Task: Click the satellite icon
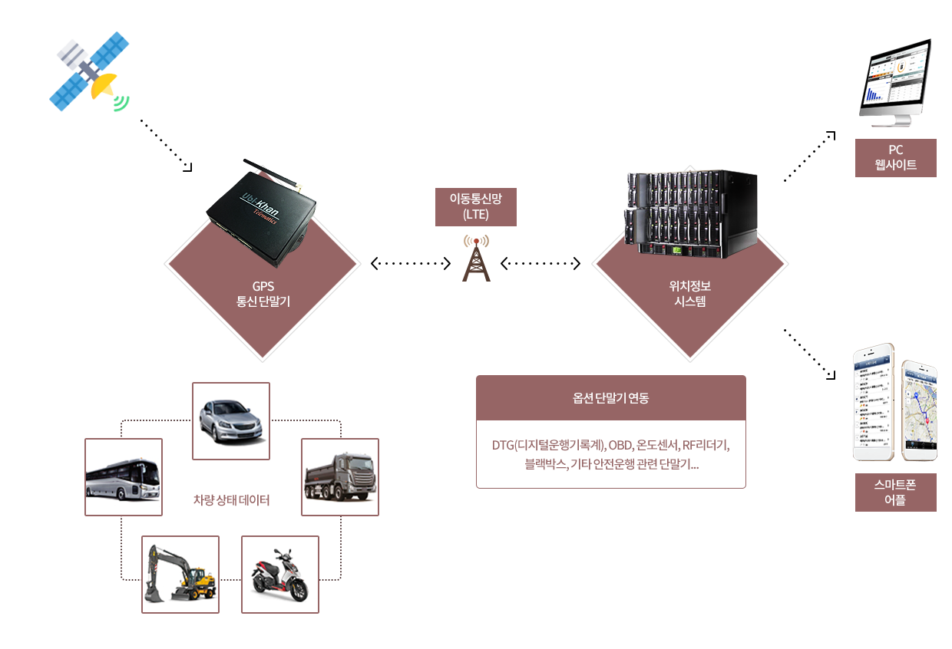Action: click(x=88, y=71)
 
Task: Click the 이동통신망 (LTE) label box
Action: click(x=475, y=206)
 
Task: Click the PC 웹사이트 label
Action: click(x=895, y=157)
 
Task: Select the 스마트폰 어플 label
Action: click(x=895, y=492)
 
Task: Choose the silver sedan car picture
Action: click(x=230, y=420)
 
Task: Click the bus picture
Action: click(x=123, y=476)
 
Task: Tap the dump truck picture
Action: click(x=340, y=476)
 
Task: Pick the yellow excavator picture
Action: click(x=180, y=574)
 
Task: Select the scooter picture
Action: click(x=279, y=574)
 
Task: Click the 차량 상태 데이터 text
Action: click(x=231, y=501)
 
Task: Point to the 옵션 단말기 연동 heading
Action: click(x=610, y=398)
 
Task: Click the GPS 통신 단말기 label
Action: click(x=263, y=295)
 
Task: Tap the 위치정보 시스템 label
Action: click(x=689, y=294)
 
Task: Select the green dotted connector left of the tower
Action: click(x=414, y=264)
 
